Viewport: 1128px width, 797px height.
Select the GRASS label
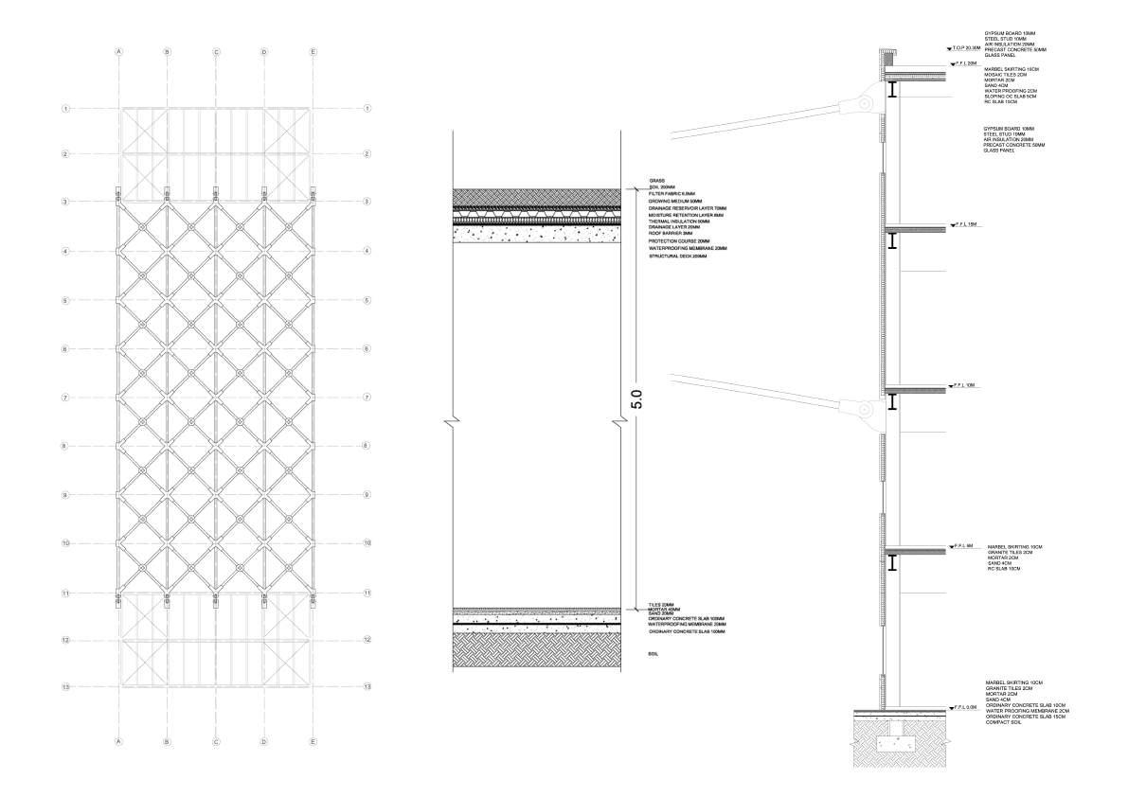click(x=656, y=181)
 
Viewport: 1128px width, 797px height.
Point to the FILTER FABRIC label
click(x=672, y=194)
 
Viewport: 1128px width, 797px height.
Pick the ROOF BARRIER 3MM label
click(x=671, y=234)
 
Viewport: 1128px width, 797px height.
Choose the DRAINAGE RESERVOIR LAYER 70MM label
click(x=688, y=208)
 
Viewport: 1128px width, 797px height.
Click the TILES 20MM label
click(x=661, y=605)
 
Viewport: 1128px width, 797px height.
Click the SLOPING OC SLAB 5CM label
click(x=1011, y=97)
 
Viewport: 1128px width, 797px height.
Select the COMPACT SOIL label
click(x=1004, y=723)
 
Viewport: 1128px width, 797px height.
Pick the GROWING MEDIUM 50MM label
click(x=675, y=202)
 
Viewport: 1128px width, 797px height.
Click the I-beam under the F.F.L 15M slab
click(x=893, y=242)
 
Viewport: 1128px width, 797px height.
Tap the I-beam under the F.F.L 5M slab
click(x=893, y=564)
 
